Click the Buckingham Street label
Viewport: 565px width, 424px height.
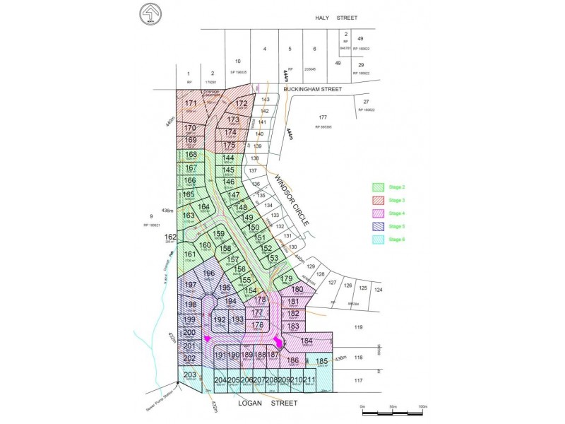pos(312,90)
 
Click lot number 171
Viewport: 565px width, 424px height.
pos(191,103)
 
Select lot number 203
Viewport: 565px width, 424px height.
pos(189,375)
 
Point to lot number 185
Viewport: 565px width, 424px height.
pos(321,361)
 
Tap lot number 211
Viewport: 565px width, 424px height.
pos(309,380)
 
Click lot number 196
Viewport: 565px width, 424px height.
pos(208,273)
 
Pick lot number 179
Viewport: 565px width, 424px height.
pos(287,279)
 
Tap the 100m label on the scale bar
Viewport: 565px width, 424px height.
pos(421,406)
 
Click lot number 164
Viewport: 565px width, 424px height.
pos(204,206)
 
